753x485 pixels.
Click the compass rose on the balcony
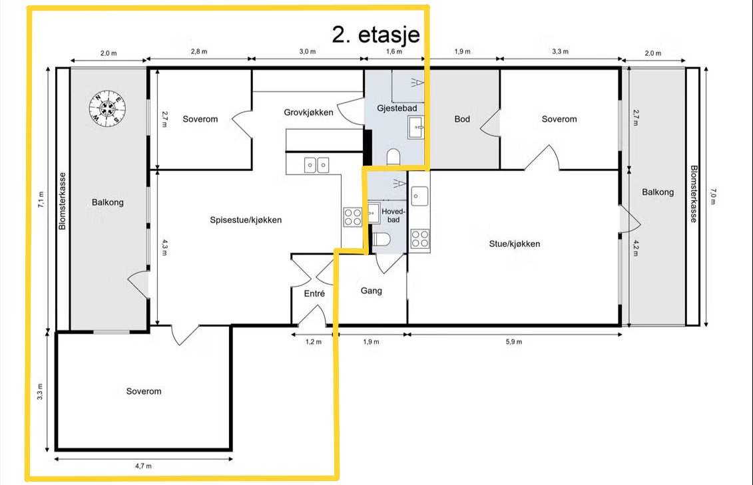(108, 108)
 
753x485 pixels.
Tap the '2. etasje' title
(376, 35)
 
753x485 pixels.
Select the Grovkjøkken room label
(308, 112)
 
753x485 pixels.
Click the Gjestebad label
(397, 108)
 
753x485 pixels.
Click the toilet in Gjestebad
(393, 156)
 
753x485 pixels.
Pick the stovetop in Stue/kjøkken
(419, 238)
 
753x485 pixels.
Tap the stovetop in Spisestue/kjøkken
(352, 217)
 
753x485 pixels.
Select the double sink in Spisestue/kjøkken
(316, 166)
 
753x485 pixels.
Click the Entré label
(314, 293)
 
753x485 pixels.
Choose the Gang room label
(372, 291)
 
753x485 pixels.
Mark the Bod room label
(462, 119)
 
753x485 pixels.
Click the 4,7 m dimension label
(143, 466)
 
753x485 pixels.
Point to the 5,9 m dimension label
(513, 342)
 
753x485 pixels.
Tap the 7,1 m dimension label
(41, 200)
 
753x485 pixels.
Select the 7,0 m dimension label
(712, 196)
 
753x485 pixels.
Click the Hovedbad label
(393, 216)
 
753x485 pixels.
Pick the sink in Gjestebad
(416, 127)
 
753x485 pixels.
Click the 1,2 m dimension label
(313, 342)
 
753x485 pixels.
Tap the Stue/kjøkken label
(515, 243)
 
